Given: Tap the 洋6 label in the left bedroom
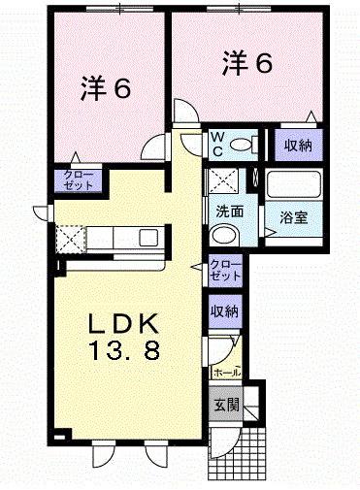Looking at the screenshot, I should [x=105, y=89].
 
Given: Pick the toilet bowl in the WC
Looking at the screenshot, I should [x=245, y=145].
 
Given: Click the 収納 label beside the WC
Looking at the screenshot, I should [x=298, y=147].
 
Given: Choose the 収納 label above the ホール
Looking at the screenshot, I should [x=225, y=311].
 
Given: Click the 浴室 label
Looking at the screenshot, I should [x=295, y=217].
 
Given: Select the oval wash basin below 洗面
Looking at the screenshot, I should [x=226, y=234].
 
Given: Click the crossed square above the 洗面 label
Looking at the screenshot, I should [x=225, y=180].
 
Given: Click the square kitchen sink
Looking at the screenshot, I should [x=148, y=238].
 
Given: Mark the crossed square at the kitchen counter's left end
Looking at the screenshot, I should [x=70, y=237].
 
